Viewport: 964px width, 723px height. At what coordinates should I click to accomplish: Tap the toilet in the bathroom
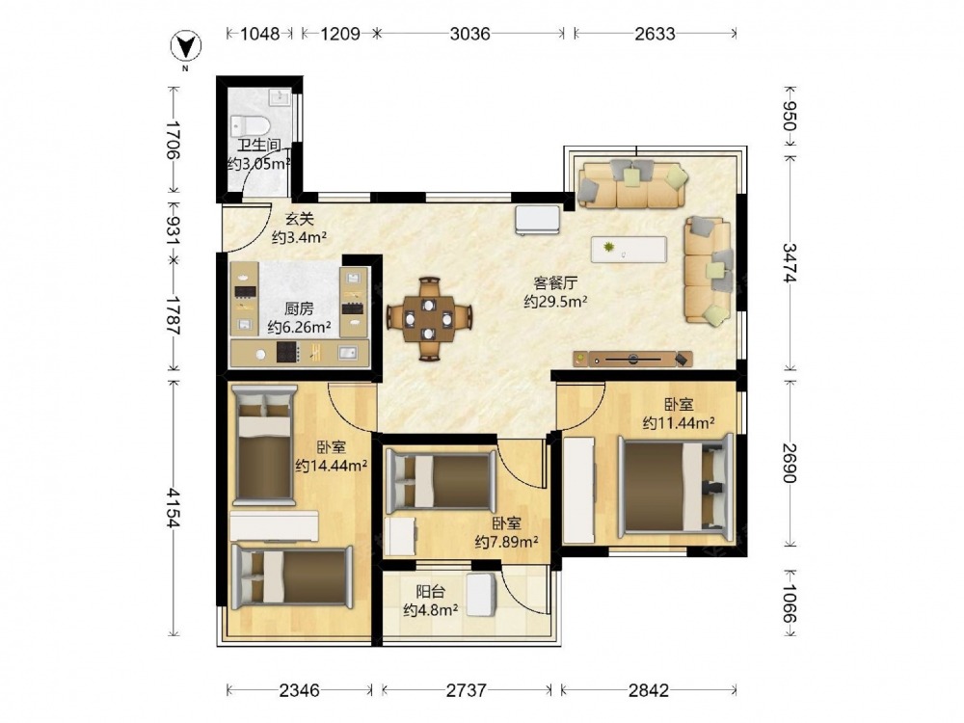coord(251,126)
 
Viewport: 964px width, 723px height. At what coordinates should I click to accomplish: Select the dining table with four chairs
coord(429,318)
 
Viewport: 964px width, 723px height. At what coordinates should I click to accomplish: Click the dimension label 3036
coord(470,33)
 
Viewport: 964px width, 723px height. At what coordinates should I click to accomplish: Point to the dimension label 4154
coord(173,508)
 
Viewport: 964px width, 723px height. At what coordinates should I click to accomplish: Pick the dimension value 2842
coord(648,690)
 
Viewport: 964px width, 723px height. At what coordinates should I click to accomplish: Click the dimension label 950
coord(789,116)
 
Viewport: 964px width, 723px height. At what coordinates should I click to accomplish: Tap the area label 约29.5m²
coord(556,301)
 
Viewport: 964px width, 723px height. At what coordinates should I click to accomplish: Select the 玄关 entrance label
coord(300,218)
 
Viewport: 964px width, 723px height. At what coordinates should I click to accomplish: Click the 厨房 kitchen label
coord(299,308)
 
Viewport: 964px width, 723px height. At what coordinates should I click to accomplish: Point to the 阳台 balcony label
coord(430,592)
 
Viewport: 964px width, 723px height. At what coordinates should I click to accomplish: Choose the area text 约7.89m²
coord(507,542)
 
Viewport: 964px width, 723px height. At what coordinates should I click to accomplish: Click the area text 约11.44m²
coord(679,423)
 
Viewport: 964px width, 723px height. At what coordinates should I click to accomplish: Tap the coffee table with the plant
coord(629,249)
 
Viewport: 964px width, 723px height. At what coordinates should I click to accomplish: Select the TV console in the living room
coord(632,359)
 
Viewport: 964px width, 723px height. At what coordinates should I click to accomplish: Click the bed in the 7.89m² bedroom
coord(441,481)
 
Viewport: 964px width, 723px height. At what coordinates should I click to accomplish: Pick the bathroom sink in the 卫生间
coord(281,97)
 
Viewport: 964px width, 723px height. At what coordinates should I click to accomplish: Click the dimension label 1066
coord(789,604)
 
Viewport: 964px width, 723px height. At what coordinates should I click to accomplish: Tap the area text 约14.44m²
coord(332,466)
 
